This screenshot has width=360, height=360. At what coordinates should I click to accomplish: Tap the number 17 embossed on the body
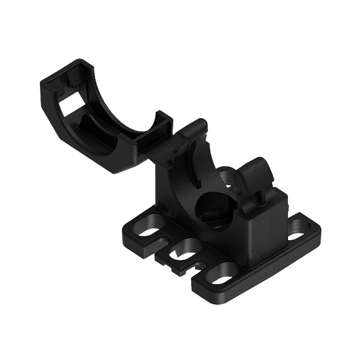(173, 216)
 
